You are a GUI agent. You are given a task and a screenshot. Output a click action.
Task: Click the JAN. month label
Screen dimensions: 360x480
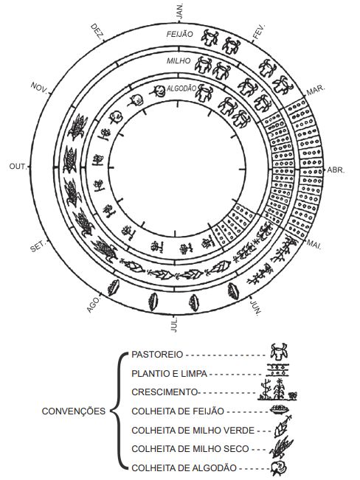(x=180, y=12)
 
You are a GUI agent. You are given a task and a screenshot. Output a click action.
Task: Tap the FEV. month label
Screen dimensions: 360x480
(x=259, y=32)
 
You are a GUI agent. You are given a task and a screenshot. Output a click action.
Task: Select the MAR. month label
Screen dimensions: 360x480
(x=316, y=90)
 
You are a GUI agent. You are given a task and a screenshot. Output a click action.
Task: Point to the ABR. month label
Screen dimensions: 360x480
(x=336, y=170)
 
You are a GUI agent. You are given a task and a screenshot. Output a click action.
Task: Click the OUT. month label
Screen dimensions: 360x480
(x=18, y=167)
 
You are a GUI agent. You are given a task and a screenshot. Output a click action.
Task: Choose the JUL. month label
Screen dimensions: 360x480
(x=174, y=325)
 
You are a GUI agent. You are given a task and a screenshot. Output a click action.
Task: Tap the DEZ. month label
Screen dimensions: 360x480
(x=97, y=32)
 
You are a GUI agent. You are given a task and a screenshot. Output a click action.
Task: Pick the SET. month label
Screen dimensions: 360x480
(x=38, y=246)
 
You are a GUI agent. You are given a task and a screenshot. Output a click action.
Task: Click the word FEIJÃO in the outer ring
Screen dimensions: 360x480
(x=180, y=34)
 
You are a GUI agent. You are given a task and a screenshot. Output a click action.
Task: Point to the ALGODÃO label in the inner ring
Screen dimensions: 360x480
(x=181, y=88)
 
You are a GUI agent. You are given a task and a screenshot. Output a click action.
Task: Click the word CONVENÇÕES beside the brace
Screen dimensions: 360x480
(x=74, y=411)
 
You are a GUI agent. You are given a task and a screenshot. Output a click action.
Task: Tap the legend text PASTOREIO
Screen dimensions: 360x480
(x=157, y=355)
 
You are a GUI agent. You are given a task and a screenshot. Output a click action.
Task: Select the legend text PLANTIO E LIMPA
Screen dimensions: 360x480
(x=169, y=374)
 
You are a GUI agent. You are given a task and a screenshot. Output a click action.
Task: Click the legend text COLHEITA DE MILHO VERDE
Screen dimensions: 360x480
(x=193, y=431)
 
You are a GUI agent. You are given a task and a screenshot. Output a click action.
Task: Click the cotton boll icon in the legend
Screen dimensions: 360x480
(x=279, y=468)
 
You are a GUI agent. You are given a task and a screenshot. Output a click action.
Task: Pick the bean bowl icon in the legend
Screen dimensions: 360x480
(x=280, y=410)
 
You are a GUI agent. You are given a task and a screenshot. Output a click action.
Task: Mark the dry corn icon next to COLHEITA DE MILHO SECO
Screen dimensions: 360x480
(x=281, y=448)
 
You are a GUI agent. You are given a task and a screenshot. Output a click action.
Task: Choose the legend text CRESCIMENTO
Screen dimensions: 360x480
(x=165, y=392)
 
